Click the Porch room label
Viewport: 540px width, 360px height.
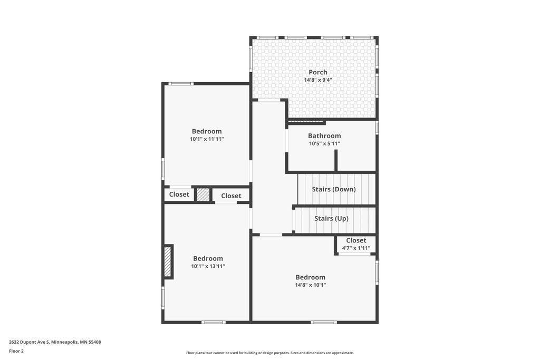(x=318, y=72)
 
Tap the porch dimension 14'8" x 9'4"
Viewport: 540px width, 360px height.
(x=318, y=80)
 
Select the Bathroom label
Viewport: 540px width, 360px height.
(x=324, y=135)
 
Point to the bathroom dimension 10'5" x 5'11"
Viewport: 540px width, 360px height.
(x=324, y=143)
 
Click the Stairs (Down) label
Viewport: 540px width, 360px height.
(x=333, y=189)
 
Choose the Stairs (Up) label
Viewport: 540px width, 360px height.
(x=331, y=218)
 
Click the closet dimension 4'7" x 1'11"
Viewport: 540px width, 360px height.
(x=356, y=248)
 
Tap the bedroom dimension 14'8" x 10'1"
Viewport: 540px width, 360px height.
(x=310, y=285)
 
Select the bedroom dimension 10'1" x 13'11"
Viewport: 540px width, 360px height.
(x=208, y=266)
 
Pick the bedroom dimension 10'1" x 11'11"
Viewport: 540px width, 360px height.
(x=207, y=139)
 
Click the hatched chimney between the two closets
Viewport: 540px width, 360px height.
(x=203, y=194)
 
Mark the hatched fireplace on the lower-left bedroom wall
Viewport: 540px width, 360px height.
(x=168, y=262)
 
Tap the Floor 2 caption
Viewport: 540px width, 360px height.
(x=16, y=351)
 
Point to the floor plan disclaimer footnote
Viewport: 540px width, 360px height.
(x=269, y=353)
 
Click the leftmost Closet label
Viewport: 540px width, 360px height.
(x=179, y=194)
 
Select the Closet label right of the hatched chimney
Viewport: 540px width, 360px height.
(x=231, y=196)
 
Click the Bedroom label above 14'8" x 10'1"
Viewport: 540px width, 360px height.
(x=310, y=277)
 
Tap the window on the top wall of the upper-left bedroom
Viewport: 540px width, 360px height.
(x=180, y=84)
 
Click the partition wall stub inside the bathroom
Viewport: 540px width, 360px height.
(x=336, y=160)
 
